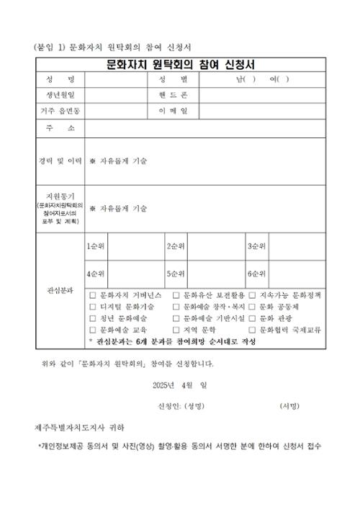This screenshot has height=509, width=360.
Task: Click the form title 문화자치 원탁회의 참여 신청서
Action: (180, 63)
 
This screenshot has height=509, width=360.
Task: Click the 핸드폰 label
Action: (173, 95)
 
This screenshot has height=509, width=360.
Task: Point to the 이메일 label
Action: (173, 111)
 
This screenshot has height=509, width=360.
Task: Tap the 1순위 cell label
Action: (96, 246)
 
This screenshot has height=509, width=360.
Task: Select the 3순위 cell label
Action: (257, 246)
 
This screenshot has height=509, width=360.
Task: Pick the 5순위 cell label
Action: (177, 274)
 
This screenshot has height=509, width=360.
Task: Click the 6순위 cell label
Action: (257, 274)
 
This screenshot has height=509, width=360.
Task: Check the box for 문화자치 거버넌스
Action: (92, 295)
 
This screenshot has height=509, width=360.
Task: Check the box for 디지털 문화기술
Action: (92, 307)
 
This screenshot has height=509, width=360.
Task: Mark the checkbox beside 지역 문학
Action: (176, 329)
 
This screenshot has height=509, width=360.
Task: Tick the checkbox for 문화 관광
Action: (252, 317)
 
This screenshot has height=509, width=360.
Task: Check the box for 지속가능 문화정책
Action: (252, 295)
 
